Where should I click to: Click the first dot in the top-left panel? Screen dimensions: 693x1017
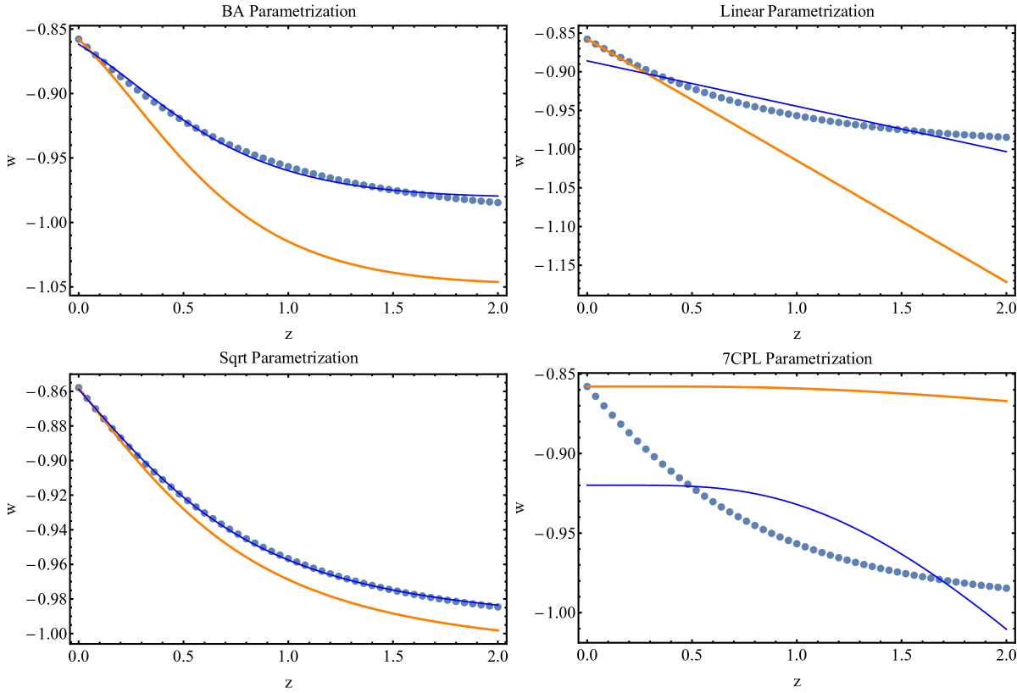pos(78,39)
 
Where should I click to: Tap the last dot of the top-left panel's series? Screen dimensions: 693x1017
pos(498,202)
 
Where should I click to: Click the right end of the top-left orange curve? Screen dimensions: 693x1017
pos(498,282)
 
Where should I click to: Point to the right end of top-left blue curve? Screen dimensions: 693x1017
pos(498,196)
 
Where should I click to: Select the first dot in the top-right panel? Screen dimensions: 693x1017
pos(586,39)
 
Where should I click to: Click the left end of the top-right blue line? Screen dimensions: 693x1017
pos(586,61)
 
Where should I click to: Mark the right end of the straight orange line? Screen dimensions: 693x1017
pos(1007,282)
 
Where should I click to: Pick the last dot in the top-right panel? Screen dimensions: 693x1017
pos(1007,137)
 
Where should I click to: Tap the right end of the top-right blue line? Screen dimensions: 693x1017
pos(1007,152)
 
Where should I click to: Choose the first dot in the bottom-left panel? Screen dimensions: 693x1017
pos(78,387)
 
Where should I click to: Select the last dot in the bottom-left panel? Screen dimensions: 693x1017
pos(498,607)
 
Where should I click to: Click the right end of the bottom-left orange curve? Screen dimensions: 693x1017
pos(498,630)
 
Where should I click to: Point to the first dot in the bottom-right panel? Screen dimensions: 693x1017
pos(586,386)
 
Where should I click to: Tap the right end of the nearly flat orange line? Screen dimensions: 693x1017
pos(1007,401)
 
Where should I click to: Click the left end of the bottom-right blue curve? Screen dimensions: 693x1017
pos(586,485)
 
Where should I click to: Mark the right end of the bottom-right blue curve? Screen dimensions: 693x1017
pos(1007,629)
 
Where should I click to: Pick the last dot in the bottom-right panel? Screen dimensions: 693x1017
pos(1007,588)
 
